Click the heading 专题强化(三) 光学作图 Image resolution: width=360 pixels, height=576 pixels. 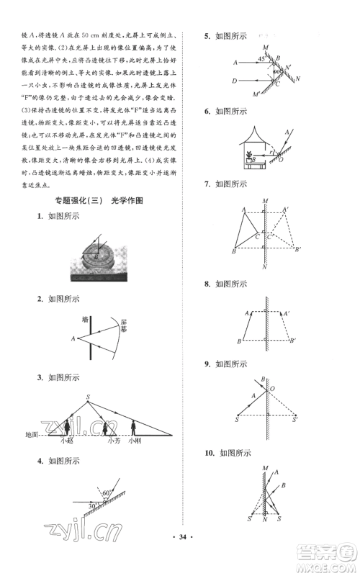pos(95,201)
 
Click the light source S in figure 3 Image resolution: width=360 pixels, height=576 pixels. pos(89,396)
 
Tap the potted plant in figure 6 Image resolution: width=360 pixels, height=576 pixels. pos(249,154)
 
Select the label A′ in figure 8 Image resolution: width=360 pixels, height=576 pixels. pos(287,313)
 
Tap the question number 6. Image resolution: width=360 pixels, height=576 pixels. pos(207,112)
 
